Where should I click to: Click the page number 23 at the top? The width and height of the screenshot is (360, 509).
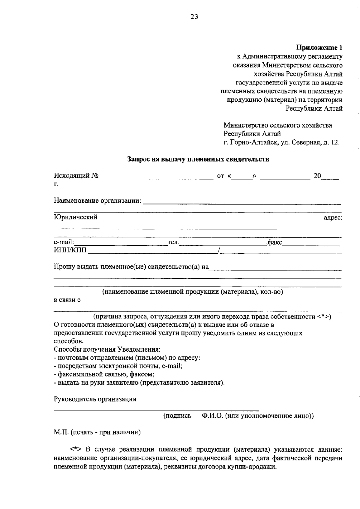pos(194,17)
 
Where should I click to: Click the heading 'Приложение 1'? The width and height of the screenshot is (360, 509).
pos(319,48)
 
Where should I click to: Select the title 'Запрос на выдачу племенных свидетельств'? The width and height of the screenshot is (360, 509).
pos(198,159)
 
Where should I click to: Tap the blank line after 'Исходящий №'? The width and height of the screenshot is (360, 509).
pos(157,177)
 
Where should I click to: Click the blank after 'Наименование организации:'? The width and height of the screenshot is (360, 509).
pos(241,201)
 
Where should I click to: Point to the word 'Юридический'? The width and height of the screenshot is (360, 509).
pos(76,217)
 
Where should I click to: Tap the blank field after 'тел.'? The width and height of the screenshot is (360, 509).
pos(222,243)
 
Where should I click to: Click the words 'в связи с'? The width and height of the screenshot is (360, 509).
pos(67,300)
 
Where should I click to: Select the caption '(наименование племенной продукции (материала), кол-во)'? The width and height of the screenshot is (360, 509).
pos(193,291)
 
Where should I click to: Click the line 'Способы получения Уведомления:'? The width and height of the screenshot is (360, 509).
pos(107,349)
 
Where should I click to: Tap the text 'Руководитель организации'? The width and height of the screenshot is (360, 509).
pos(95,399)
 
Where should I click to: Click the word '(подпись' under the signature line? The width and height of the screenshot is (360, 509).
pos(177,416)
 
